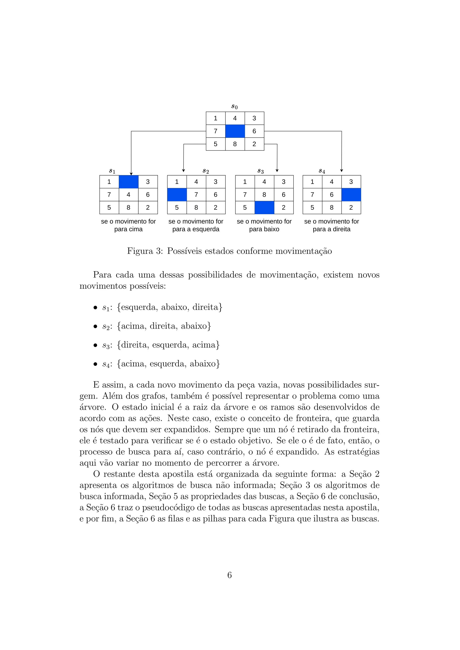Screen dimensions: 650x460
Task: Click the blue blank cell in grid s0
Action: tap(235, 131)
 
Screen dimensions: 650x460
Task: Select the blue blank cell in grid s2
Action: tap(177, 195)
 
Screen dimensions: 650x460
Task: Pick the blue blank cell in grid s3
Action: tap(264, 208)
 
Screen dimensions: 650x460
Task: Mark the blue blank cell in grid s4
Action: tap(351, 195)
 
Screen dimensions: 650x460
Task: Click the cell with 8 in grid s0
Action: tap(235, 144)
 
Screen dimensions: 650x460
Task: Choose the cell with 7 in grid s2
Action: tap(196, 195)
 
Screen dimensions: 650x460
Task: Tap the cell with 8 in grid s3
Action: tap(264, 195)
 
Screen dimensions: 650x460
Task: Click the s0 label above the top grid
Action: tap(234, 107)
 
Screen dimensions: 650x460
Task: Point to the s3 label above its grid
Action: tap(261, 171)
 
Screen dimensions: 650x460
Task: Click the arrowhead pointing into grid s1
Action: tap(131, 173)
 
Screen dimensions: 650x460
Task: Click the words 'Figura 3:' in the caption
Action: tap(145, 251)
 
